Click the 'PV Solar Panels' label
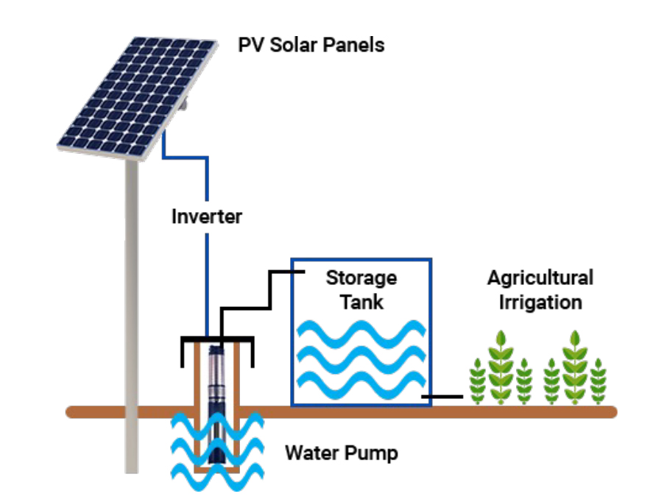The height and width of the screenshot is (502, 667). point(311,45)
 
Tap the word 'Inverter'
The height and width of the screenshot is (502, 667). point(206,217)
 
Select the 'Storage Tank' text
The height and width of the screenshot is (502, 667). point(361,290)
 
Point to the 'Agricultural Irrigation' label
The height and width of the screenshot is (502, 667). point(540,290)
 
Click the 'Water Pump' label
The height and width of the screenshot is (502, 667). point(341,452)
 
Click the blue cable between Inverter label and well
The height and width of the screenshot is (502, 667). point(207,280)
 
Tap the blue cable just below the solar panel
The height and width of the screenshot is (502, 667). point(164,144)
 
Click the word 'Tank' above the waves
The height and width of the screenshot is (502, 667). point(361,301)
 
